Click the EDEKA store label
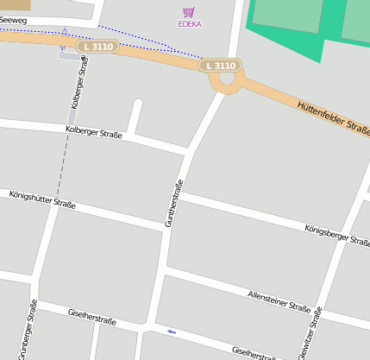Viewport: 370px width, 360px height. (189, 24)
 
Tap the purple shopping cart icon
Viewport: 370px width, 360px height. (189, 12)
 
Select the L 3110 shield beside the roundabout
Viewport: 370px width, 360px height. (221, 66)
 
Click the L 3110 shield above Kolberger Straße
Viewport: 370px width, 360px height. (96, 47)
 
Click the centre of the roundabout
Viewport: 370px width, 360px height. (227, 79)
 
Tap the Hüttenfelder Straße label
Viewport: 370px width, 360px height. (333, 117)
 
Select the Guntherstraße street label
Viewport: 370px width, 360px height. (174, 204)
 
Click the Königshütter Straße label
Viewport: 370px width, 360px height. (42, 200)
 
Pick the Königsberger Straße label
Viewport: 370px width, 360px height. (336, 235)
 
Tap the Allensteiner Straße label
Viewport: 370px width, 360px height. (279, 301)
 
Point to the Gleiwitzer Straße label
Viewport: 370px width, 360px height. (310, 335)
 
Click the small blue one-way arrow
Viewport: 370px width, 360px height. (172, 332)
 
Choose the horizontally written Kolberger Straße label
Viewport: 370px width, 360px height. (93, 132)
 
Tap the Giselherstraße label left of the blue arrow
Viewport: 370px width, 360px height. (91, 317)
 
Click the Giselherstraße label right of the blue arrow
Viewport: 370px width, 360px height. (255, 351)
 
